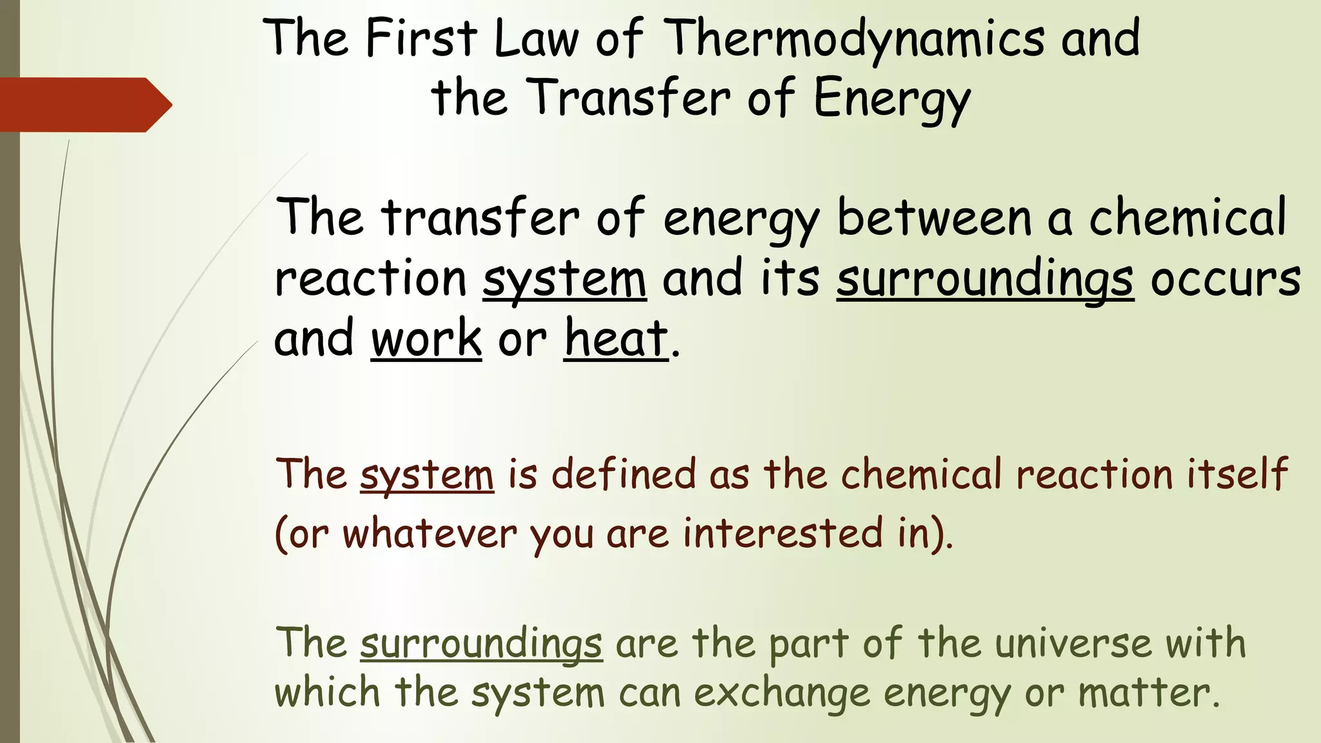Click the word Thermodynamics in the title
853,39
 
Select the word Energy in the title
891,99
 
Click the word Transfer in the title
631,97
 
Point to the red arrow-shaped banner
84,104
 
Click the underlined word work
426,339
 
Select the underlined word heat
616,339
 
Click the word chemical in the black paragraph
1187,218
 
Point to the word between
935,218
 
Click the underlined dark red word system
427,475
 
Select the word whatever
430,534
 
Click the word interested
783,534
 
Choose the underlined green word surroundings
481,644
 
